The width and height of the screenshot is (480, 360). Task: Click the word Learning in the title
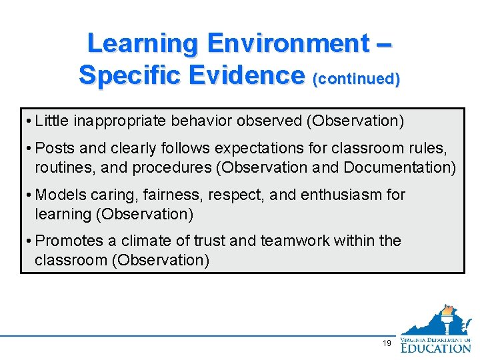(x=143, y=43)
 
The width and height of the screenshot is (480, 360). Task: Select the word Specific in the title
(x=129, y=75)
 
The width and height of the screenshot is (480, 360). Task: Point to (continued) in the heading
(x=356, y=78)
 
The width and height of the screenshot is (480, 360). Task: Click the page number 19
(x=387, y=343)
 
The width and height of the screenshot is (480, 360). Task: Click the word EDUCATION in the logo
(x=436, y=347)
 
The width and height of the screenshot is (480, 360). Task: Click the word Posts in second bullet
(x=53, y=149)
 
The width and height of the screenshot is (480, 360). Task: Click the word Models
(x=59, y=195)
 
